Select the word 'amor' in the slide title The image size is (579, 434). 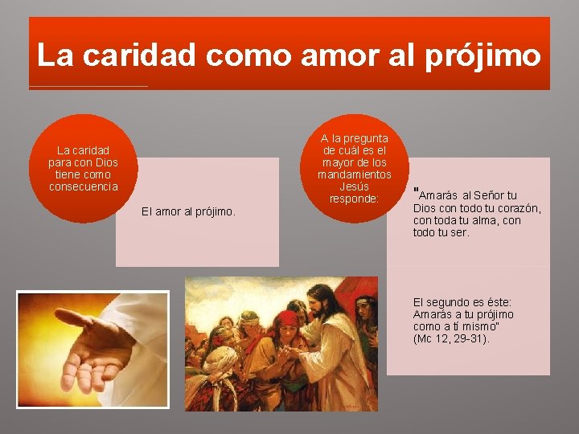tap(329, 55)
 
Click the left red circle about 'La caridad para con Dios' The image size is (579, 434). tap(84, 168)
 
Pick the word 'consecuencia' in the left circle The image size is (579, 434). tap(84, 186)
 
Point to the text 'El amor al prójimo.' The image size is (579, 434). tap(188, 211)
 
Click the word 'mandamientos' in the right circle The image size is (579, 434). tap(355, 174)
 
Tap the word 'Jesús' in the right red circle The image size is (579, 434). tap(355, 186)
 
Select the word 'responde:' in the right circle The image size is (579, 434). tap(355, 199)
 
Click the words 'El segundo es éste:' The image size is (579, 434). tap(462, 302)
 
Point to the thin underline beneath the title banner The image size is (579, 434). tap(88, 86)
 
